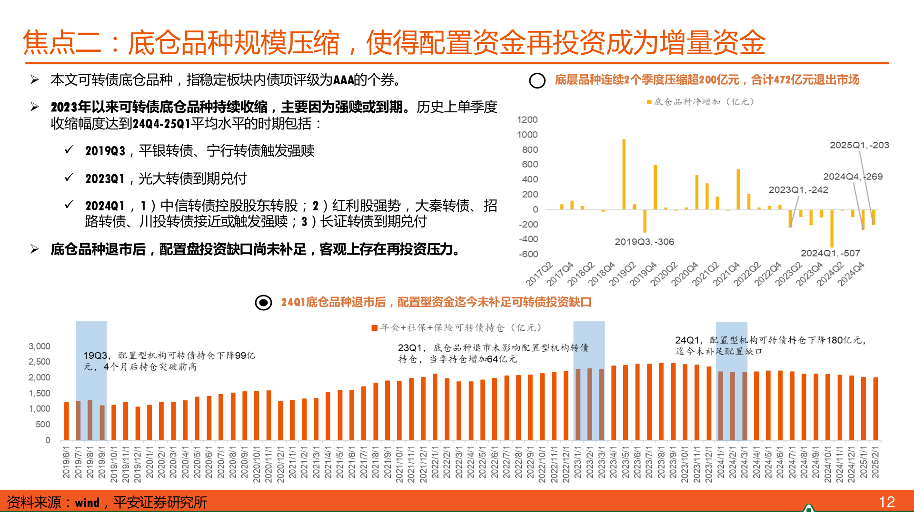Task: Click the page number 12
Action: click(886, 502)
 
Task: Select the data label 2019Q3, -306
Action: click(644, 242)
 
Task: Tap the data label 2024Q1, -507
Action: click(830, 253)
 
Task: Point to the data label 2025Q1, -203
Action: click(859, 145)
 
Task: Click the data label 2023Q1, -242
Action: click(798, 190)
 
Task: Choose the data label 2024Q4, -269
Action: click(853, 177)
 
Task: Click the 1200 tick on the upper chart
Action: click(527, 120)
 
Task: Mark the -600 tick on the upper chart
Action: click(528, 254)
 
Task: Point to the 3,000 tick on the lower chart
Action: click(40, 346)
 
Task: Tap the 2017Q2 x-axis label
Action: click(539, 274)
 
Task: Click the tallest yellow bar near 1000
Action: click(624, 174)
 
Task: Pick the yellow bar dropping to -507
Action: click(832, 228)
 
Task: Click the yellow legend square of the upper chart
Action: click(649, 102)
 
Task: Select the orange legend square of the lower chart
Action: click(375, 327)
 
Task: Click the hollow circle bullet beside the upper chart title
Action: click(537, 80)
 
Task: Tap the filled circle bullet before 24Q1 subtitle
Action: click(263, 302)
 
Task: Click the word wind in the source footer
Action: click(87, 503)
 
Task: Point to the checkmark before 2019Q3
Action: click(69, 150)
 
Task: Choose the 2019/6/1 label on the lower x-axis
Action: click(66, 462)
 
